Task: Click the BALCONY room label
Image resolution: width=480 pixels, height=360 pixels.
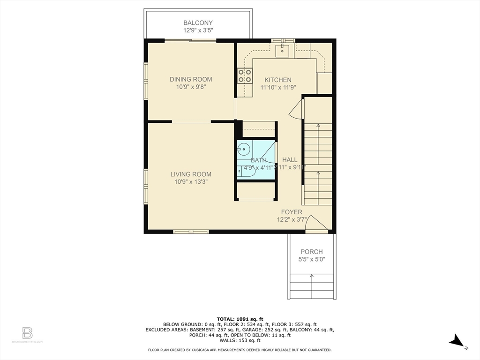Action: point(198,23)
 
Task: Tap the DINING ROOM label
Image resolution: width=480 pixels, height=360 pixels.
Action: point(191,80)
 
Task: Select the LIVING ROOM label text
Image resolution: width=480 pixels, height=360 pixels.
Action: point(191,174)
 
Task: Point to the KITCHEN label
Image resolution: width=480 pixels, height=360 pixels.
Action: point(278,80)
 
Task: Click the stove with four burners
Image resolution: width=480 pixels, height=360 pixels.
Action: point(245,75)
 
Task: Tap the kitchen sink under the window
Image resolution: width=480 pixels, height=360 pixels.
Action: point(283,50)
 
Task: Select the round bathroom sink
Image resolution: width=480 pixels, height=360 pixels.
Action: point(243,150)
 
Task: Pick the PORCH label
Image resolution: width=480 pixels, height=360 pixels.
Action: point(312,252)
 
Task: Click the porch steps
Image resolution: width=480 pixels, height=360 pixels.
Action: point(312,285)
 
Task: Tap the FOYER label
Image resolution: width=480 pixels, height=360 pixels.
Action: point(292,212)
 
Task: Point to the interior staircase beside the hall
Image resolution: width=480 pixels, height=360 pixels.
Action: point(318,164)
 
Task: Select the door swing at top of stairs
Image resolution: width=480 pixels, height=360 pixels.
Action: point(296,110)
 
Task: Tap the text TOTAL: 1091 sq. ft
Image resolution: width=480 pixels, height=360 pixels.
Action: point(240,318)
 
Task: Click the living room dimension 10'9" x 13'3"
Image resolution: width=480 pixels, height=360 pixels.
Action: point(191,181)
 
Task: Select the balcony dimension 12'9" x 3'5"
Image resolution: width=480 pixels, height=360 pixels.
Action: point(198,30)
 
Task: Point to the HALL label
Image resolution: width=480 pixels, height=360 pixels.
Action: point(290,160)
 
